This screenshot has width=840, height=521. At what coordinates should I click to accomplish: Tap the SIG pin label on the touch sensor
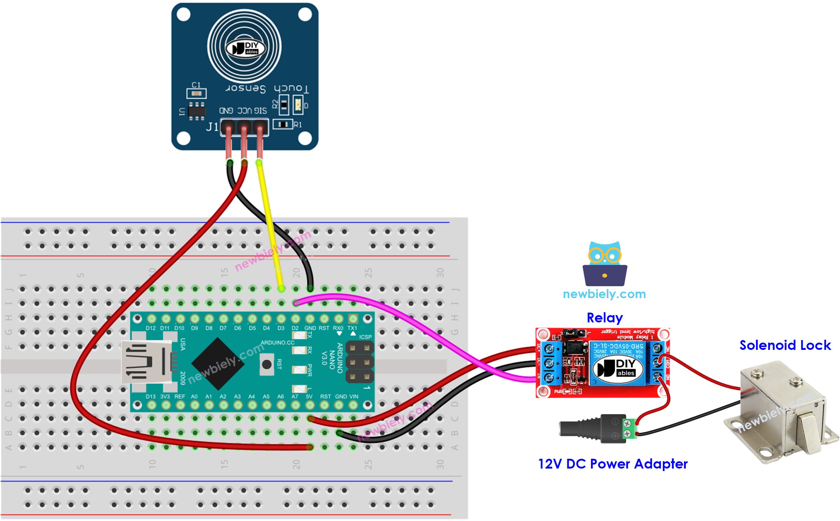coord(260,110)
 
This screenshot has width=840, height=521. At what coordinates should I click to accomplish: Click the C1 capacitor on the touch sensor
coord(196,93)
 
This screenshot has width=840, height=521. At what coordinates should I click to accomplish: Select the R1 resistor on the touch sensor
coord(283,124)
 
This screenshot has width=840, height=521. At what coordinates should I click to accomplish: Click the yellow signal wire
coord(270,224)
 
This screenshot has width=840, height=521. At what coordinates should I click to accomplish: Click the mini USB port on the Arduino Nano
coord(147,362)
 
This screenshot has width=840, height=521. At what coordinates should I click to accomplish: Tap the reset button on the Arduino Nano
coord(267,364)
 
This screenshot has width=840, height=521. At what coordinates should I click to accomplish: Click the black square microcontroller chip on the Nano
coord(218,364)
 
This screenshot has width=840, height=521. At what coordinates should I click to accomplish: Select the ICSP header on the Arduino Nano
coord(360,362)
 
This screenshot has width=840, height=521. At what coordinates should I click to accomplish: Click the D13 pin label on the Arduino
coord(151,397)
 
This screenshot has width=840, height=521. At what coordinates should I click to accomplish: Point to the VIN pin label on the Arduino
coord(353,397)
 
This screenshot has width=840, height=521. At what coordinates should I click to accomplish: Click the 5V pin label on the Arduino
coord(309,397)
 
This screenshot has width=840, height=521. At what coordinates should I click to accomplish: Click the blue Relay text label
coord(605,318)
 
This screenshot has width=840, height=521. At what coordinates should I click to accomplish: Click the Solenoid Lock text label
coord(785,345)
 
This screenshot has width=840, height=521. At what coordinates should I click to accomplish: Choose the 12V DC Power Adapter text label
coord(613,464)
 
